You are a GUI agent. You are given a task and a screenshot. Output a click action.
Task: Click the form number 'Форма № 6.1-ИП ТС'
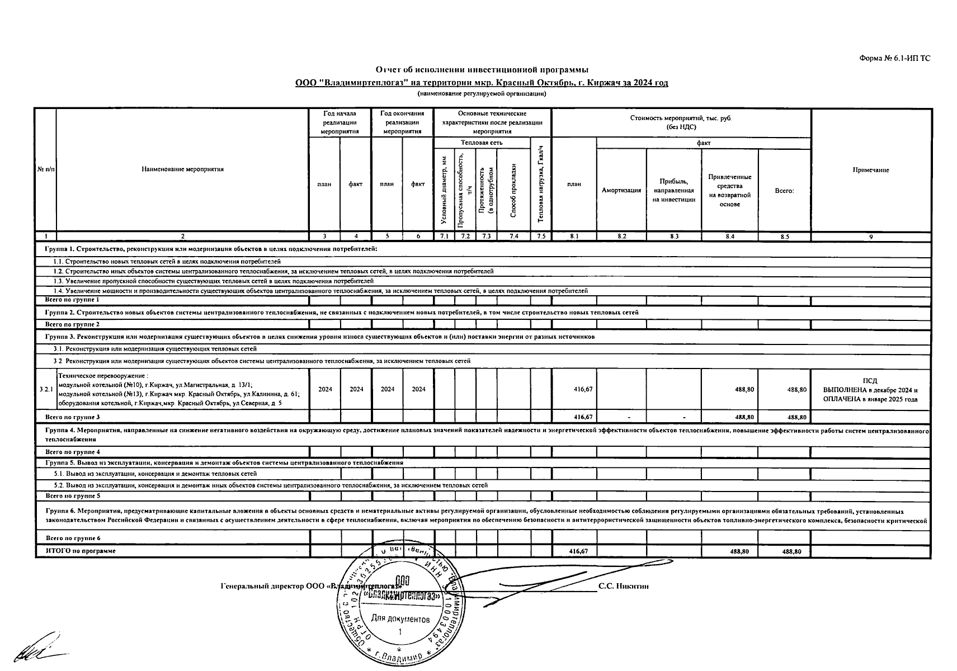894,58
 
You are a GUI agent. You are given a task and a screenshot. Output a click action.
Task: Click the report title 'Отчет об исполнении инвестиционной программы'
482,70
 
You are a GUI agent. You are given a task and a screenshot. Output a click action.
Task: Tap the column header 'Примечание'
870,170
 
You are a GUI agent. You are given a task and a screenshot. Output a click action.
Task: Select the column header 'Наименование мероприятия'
182,169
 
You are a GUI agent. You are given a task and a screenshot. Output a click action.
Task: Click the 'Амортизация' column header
621,190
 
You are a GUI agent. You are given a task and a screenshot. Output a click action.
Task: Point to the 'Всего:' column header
784,191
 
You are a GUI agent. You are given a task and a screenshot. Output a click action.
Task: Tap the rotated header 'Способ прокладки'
513,190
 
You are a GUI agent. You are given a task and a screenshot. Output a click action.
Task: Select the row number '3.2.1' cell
46,389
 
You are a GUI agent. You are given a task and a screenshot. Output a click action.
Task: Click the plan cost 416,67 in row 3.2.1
583,389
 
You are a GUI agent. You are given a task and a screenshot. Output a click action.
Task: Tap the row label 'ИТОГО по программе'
81,551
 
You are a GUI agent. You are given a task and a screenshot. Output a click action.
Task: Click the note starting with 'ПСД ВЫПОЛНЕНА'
870,390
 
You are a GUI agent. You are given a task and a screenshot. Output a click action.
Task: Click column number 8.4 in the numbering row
729,237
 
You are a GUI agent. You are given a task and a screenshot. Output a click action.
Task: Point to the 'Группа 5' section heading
224,463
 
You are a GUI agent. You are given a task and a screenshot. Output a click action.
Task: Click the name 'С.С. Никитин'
623,586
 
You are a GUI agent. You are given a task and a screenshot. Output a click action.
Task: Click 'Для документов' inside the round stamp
400,619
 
